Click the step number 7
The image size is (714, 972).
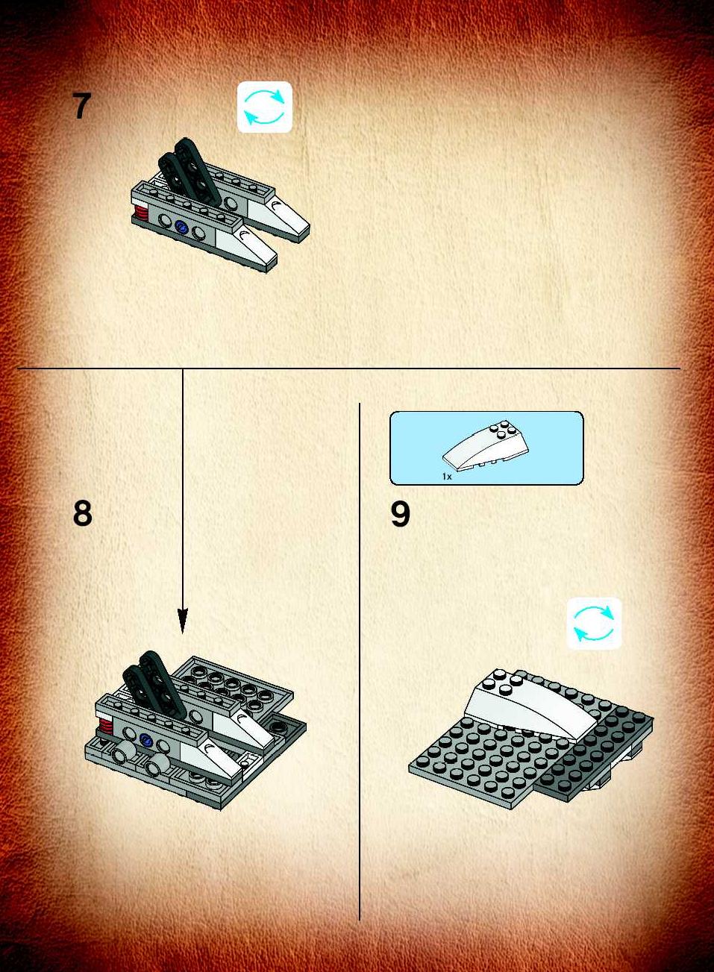click(x=81, y=107)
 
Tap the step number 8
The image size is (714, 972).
click(x=83, y=513)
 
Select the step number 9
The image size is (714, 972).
click(x=400, y=514)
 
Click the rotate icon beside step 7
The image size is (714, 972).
click(x=264, y=107)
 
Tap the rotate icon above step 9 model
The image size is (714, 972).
click(x=594, y=624)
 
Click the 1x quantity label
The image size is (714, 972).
click(x=447, y=477)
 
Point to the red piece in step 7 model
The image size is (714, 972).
click(x=140, y=213)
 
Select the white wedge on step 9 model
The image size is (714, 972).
click(x=530, y=705)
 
